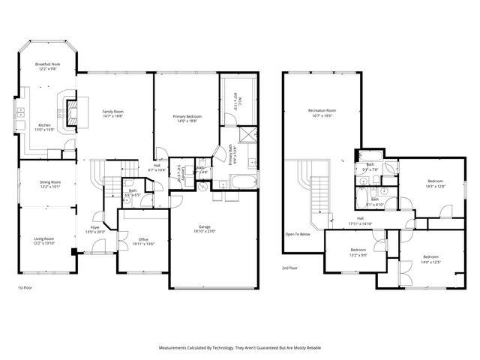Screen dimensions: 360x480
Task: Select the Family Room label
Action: [112, 112]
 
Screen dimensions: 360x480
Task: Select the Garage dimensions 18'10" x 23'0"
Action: [204, 230]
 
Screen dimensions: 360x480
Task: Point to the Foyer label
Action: [95, 227]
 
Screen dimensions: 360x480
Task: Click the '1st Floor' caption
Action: [25, 287]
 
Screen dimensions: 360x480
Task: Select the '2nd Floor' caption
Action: [290, 268]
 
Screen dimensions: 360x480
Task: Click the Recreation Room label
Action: [322, 111]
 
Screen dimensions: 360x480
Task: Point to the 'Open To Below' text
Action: [298, 234]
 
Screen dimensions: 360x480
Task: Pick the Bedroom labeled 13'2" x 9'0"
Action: [358, 253]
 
